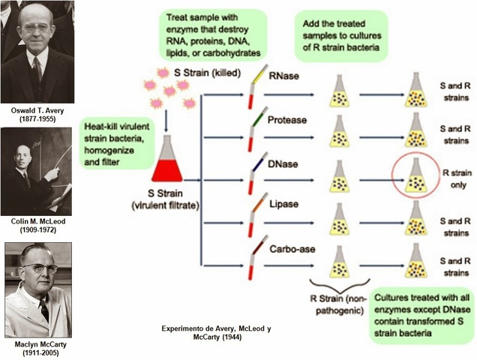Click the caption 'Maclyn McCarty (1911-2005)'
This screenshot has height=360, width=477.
pos(38,349)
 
